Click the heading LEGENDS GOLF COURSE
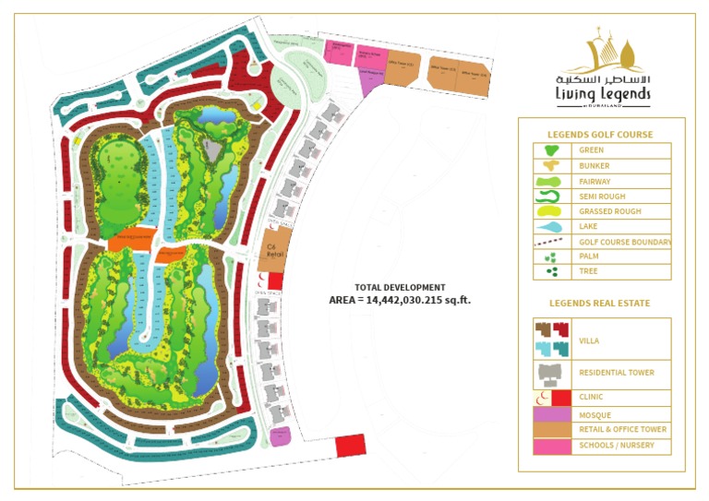tap(599, 135)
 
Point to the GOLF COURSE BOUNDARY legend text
tap(625, 243)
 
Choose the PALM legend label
tap(587, 257)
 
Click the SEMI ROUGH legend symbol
tap(547, 197)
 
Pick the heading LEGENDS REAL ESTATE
tap(599, 303)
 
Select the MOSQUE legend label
tap(595, 415)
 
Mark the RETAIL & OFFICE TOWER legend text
tap(622, 430)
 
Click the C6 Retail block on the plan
tap(273, 249)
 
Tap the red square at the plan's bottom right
tap(351, 445)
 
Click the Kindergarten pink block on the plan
tap(339, 52)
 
